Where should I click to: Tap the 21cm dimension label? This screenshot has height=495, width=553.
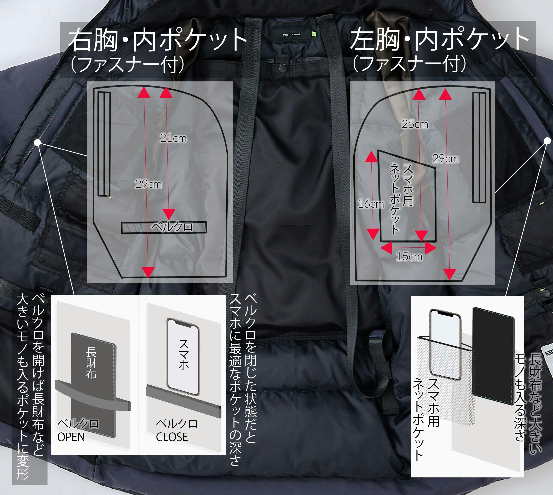[x=173, y=138]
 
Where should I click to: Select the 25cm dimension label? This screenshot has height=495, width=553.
[x=415, y=124]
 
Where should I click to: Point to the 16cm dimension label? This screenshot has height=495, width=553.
[x=371, y=204]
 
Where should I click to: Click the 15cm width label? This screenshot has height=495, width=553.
[x=409, y=256]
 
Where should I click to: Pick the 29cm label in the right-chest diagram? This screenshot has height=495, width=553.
[x=148, y=184]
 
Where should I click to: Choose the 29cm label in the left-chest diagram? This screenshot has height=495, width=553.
[x=446, y=159]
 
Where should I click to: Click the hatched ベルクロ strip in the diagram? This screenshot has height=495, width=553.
[x=164, y=228]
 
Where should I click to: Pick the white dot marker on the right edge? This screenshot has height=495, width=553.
[x=547, y=140]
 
